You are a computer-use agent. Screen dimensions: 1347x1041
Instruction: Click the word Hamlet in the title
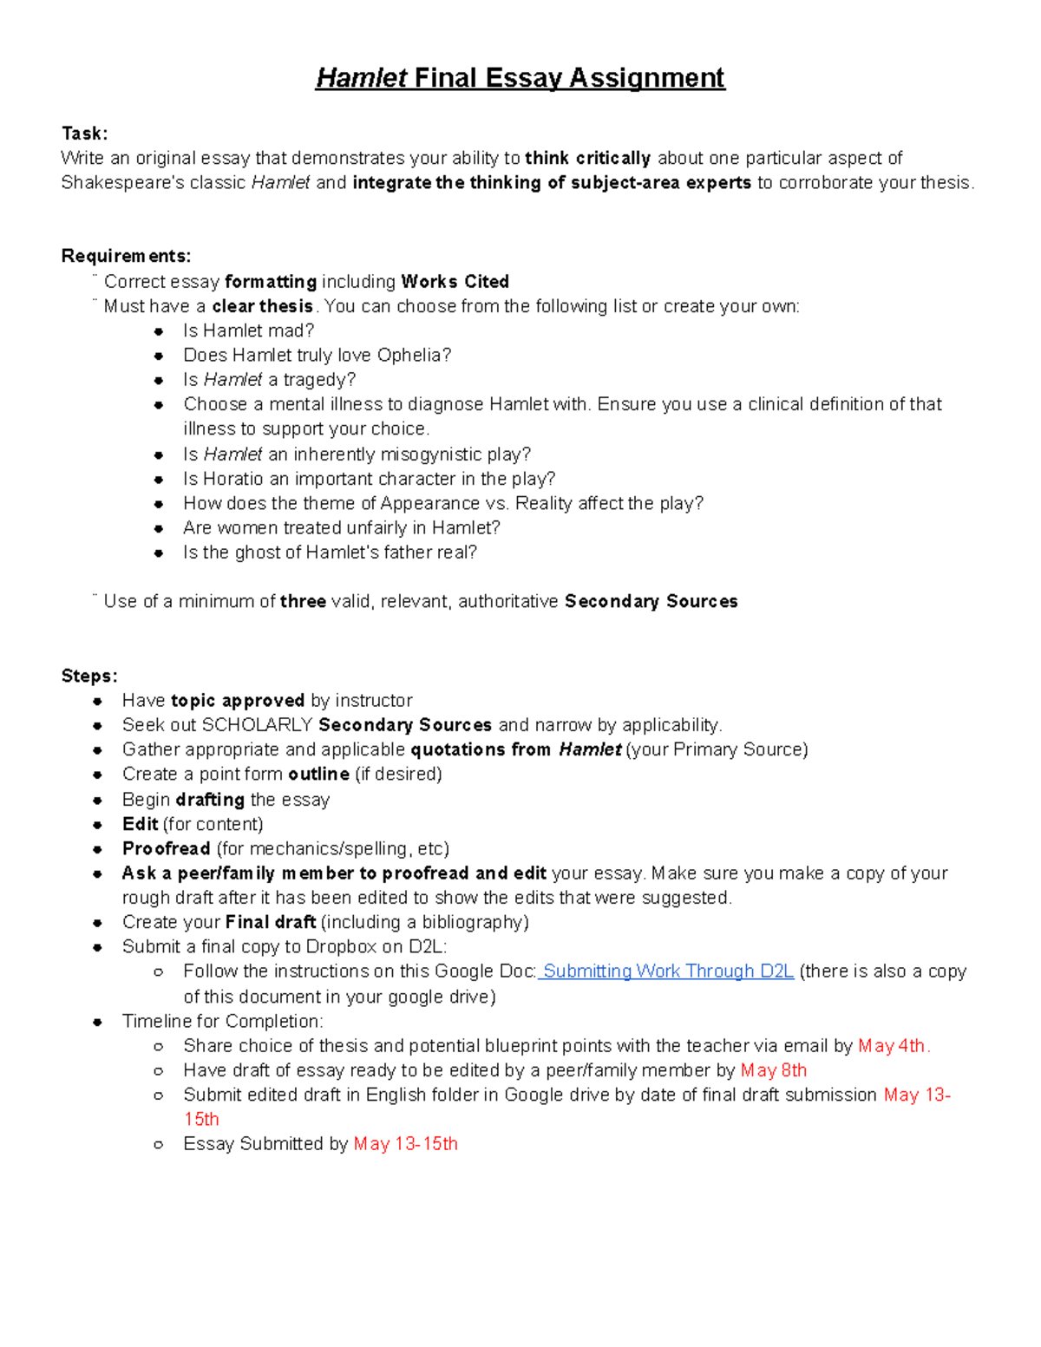(x=361, y=78)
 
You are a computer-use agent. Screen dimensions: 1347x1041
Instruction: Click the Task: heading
(x=84, y=134)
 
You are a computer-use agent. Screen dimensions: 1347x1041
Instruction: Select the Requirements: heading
(x=126, y=256)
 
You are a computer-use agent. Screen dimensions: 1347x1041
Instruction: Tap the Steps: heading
(x=88, y=676)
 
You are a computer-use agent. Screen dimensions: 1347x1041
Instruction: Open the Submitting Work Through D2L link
(x=668, y=971)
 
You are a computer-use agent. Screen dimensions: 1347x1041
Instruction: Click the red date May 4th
(x=893, y=1046)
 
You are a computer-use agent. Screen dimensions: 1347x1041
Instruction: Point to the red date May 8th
(x=774, y=1070)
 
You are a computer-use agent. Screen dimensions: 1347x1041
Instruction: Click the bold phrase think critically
(x=587, y=158)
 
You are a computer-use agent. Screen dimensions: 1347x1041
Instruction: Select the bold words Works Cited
(x=455, y=282)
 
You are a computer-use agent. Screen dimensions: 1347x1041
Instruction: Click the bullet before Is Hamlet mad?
(x=158, y=331)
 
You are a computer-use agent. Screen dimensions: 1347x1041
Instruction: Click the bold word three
(x=303, y=601)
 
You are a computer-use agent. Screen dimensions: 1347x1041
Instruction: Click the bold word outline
(x=318, y=774)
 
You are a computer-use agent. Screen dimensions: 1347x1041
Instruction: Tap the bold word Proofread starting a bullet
(x=166, y=848)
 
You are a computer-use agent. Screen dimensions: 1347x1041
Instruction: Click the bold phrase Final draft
(x=271, y=922)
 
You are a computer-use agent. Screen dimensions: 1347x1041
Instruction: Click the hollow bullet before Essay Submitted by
(x=158, y=1145)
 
